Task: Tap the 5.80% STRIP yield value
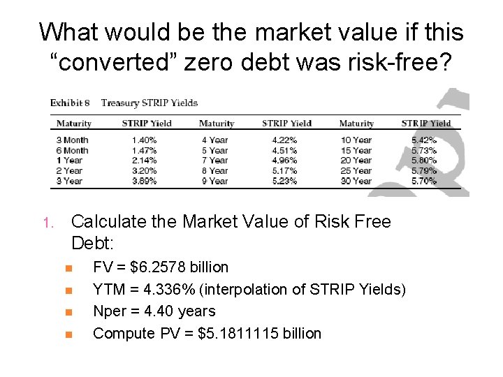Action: tap(424, 161)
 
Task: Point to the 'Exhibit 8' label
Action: tap(70, 103)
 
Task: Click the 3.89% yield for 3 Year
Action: tap(145, 181)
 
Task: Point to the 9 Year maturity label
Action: tap(214, 181)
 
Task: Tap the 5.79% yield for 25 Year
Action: tap(424, 170)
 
